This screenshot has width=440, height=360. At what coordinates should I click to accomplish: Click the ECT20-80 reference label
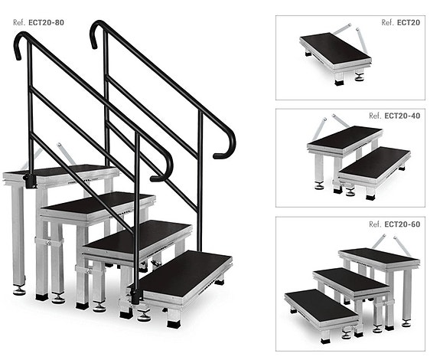(38, 22)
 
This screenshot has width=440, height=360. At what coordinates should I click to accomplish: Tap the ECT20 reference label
(401, 22)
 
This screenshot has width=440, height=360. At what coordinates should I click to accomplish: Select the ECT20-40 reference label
(395, 116)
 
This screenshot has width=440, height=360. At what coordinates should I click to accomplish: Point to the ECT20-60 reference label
(395, 224)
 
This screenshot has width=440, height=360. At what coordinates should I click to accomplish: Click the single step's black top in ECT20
(335, 47)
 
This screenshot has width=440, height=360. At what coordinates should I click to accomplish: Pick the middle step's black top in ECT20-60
(351, 280)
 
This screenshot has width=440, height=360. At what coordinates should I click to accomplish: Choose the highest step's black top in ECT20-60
(379, 256)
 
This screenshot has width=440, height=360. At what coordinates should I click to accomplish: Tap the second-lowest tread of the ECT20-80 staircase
(138, 235)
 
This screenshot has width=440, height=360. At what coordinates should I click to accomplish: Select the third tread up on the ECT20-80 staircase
(97, 202)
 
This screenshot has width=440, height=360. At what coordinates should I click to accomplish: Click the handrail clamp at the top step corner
(30, 181)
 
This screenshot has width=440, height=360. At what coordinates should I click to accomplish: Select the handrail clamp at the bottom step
(135, 296)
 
